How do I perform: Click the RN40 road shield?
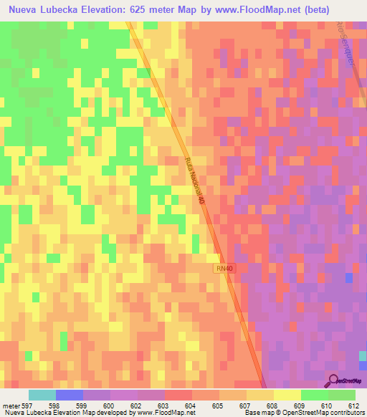pyautogui.click(x=224, y=268)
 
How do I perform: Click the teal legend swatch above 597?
pyautogui.click(x=42, y=395)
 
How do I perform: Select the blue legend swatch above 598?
pyautogui.click(x=70, y=395)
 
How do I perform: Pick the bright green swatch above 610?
pyautogui.click(x=314, y=395)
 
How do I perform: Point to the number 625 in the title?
pyautogui.click(x=158, y=10)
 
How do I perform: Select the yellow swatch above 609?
pyautogui.click(x=286, y=395)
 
